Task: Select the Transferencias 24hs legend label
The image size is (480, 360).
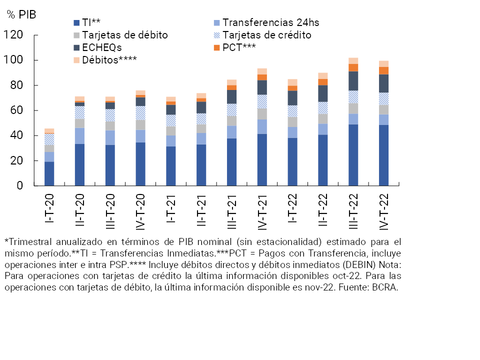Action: pos(270,22)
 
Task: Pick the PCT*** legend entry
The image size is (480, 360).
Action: pos(239,47)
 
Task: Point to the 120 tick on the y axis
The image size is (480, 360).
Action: pos(13,35)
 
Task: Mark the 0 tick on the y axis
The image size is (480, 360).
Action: pos(20,186)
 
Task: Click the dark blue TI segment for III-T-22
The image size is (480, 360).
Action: pos(353,155)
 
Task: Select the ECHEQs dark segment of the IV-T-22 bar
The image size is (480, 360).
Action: pos(383,83)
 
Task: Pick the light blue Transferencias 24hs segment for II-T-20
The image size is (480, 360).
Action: pos(79,135)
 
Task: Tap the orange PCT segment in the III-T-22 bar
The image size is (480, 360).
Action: pos(353,67)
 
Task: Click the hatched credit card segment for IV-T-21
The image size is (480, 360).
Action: pos(262,101)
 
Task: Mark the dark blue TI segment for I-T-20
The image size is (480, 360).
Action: pos(49,173)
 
